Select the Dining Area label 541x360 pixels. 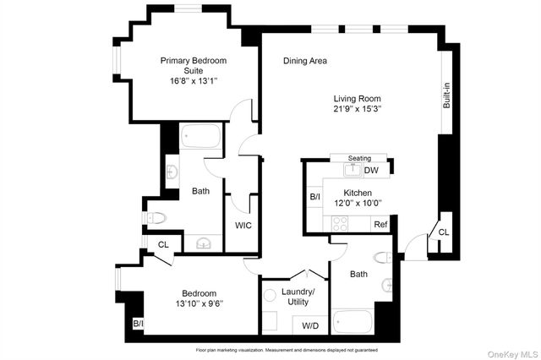point(305,61)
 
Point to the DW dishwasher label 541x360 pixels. point(371,171)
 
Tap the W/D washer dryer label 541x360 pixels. point(311,325)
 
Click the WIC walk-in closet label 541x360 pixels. point(243,225)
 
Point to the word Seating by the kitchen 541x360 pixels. point(361,158)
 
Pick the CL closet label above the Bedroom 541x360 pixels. point(165,245)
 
